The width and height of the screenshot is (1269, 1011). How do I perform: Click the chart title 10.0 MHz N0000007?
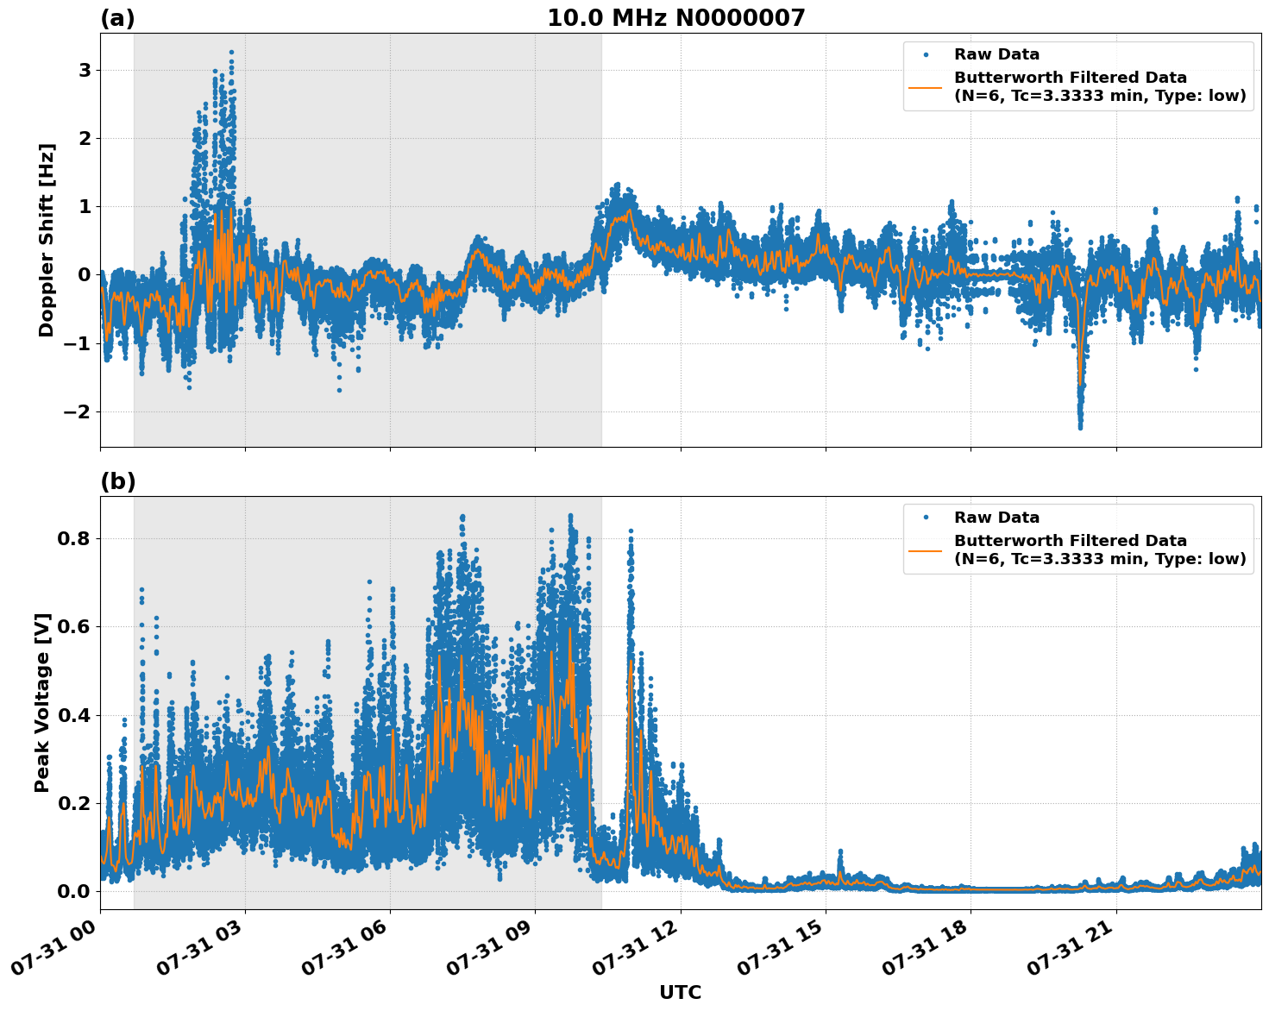pos(675,18)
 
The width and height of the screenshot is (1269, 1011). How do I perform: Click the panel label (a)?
pos(117,18)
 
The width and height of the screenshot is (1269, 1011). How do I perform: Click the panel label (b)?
pos(118,481)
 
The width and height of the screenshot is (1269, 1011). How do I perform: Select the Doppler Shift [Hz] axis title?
pos(47,240)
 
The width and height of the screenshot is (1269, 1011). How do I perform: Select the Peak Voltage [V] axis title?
pos(42,702)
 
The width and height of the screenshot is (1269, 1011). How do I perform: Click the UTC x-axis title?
pos(680,992)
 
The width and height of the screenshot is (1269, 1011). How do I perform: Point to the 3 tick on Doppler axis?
pos(85,70)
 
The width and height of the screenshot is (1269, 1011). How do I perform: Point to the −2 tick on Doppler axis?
pos(78,411)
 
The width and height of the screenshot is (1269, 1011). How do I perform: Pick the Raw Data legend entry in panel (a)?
pos(996,54)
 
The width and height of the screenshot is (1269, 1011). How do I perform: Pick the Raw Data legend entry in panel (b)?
pos(996,518)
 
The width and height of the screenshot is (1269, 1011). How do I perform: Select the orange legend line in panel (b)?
pos(926,549)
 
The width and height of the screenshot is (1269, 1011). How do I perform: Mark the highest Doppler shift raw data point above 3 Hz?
pos(231,53)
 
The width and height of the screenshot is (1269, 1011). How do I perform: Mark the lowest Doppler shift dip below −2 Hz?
pos(1080,427)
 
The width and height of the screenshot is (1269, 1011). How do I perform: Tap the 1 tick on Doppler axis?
pos(85,206)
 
